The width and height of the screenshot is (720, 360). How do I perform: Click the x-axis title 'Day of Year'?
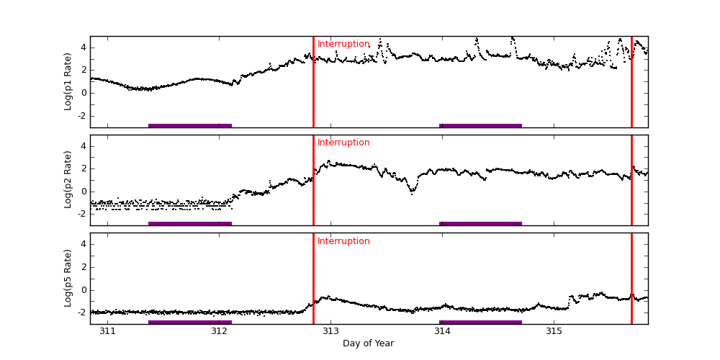point(368,343)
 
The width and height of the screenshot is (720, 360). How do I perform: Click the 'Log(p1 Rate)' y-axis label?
point(68,81)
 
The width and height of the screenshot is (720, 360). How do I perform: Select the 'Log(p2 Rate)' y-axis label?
point(68,180)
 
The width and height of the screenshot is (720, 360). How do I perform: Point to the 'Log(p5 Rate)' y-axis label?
point(68,278)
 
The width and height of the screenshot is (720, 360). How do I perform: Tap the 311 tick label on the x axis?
point(107,331)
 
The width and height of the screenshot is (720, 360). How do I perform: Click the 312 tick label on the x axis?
point(219,331)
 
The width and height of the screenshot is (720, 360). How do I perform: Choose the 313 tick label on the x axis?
point(330,331)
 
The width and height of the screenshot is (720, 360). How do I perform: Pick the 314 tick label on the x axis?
point(442,331)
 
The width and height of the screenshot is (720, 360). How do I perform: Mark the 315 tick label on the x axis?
point(554,331)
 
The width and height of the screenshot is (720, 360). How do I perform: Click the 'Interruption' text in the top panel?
point(343,44)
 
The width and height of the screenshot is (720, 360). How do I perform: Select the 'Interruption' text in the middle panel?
point(343,143)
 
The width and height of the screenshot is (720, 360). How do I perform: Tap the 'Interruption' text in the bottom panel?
point(343,241)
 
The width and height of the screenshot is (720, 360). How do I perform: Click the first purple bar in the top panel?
point(190,125)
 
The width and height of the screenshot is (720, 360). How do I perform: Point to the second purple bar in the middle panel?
point(480,223)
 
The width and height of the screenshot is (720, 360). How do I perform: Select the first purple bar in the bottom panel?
point(190,322)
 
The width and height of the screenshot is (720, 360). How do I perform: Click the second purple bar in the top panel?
point(480,125)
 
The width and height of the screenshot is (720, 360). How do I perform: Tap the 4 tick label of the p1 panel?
point(83,48)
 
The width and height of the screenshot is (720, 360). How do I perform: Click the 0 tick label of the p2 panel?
point(83,192)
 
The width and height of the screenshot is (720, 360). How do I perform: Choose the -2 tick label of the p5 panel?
point(81,312)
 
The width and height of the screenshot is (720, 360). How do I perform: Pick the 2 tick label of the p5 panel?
point(83,267)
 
